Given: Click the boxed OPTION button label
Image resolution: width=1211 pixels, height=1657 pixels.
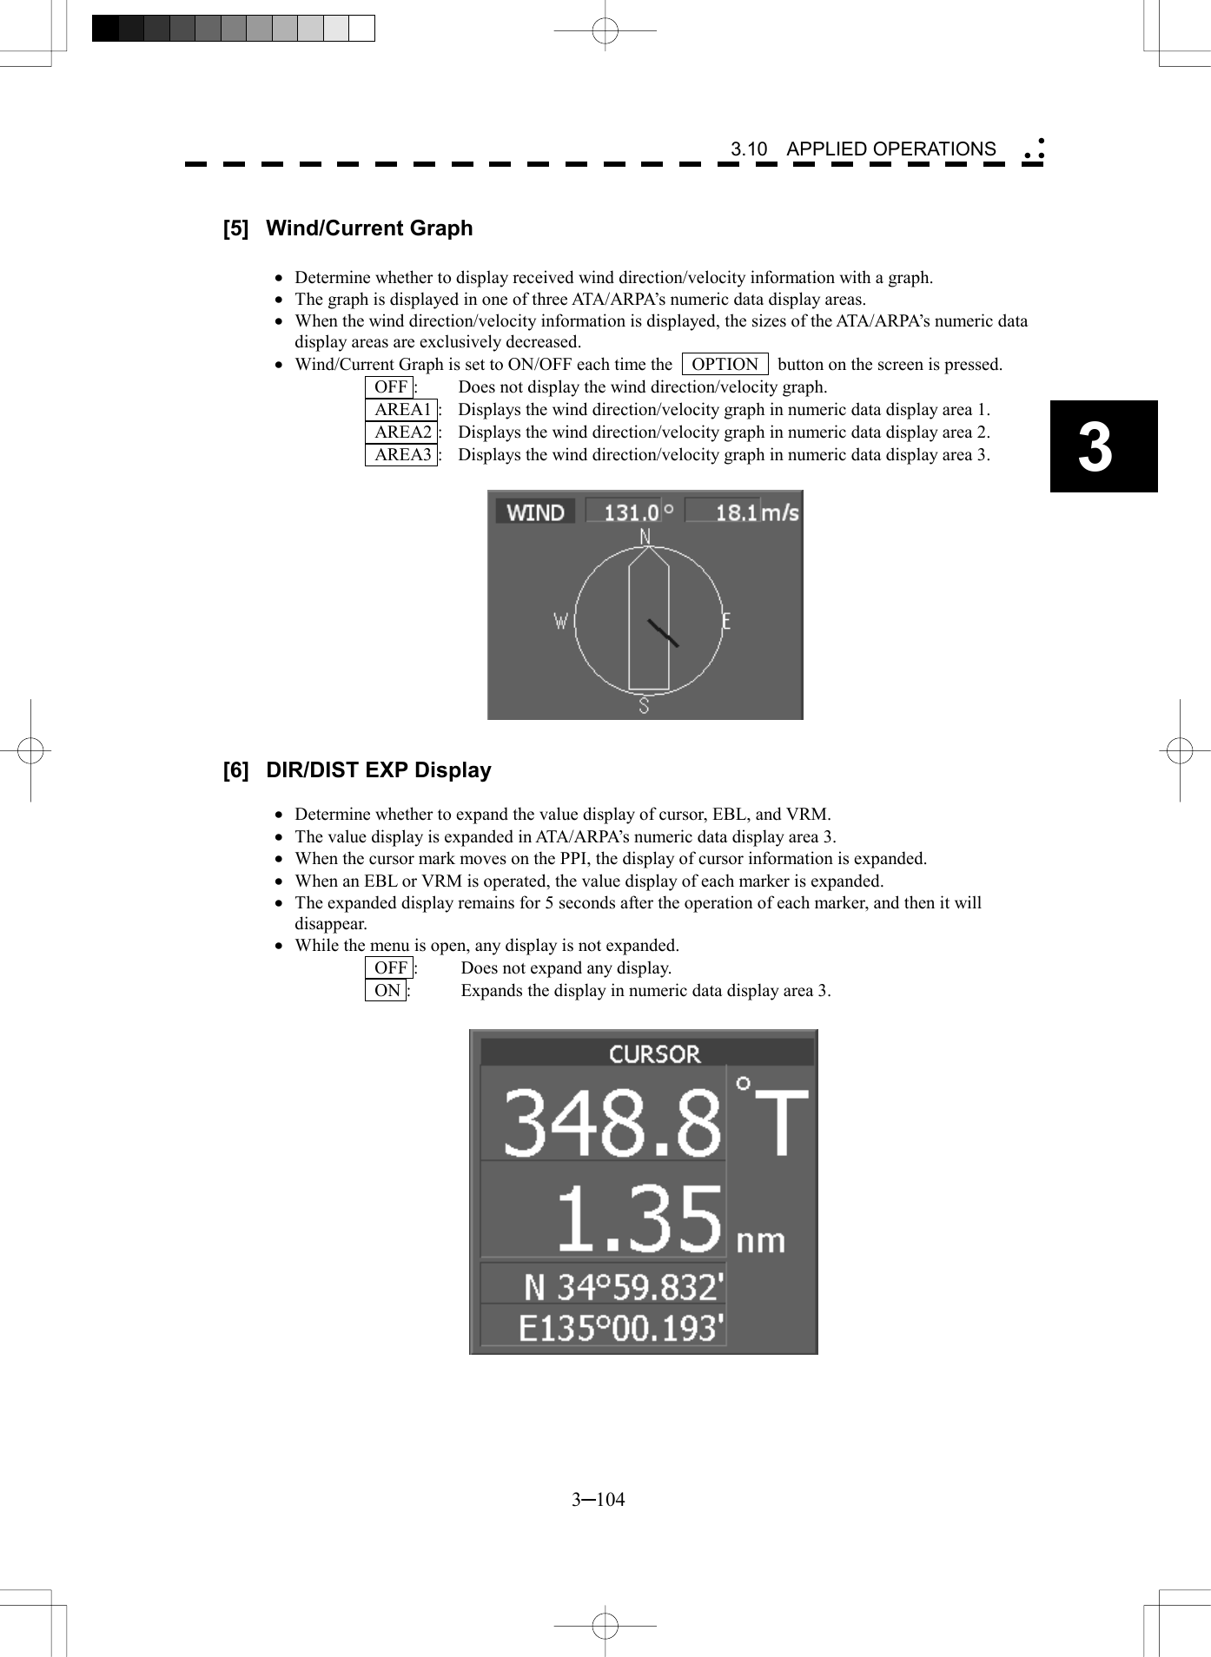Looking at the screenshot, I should click(725, 365).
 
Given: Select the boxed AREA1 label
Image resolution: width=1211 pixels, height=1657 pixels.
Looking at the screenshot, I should click(401, 410).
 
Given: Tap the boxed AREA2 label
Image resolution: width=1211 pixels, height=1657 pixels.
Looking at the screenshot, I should click(401, 432).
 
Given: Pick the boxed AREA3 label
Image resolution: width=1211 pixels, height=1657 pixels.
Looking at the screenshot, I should click(401, 455).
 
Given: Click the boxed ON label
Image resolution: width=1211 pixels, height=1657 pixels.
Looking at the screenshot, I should click(387, 991).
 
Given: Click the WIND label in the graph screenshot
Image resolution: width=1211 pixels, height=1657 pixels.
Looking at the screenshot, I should click(535, 512).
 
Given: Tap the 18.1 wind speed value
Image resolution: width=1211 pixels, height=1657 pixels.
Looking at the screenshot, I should click(735, 512).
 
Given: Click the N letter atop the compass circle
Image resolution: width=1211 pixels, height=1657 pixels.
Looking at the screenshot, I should click(645, 538).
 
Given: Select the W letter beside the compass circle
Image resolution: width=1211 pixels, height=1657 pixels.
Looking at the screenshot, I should click(561, 621).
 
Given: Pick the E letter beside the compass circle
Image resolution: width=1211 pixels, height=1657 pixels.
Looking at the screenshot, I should click(726, 621).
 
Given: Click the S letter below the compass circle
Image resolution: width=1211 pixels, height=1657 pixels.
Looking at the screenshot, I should click(644, 705).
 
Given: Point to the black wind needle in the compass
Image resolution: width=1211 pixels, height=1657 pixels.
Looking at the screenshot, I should click(663, 633).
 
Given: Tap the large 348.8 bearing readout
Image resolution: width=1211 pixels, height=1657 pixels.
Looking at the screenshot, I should click(612, 1123).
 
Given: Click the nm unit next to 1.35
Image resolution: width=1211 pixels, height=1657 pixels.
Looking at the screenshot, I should click(760, 1239).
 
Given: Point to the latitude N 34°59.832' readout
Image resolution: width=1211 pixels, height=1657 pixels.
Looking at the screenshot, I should click(623, 1286).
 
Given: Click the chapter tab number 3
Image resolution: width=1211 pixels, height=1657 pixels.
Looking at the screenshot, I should click(1096, 447).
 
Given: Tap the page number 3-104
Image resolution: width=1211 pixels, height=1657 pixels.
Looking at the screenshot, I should click(598, 1500).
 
